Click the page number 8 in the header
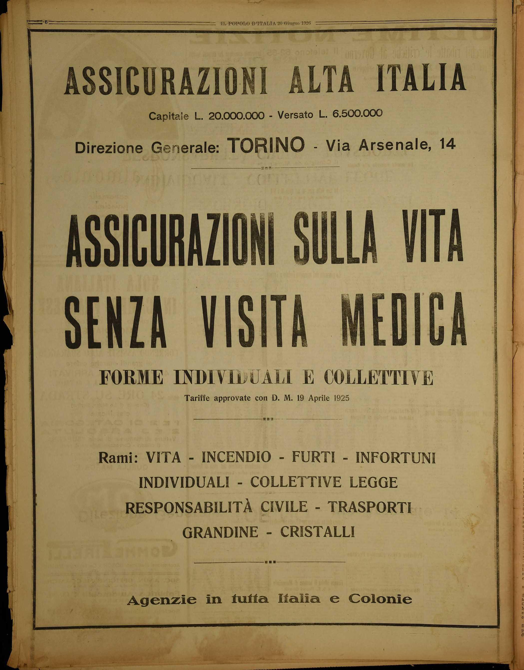pos(46,22)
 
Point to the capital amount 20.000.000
pos(236,116)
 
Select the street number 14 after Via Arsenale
pos(448,145)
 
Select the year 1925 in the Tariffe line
pos(340,399)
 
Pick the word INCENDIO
pos(236,457)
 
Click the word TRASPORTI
pos(370,507)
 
